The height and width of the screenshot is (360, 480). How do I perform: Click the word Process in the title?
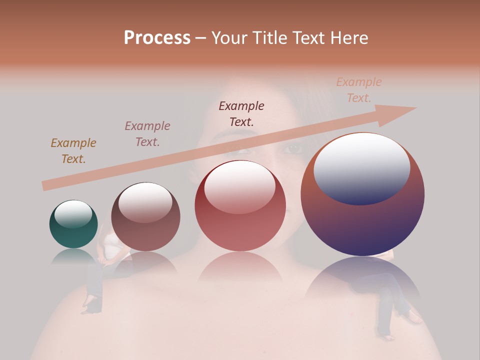[x=157, y=37]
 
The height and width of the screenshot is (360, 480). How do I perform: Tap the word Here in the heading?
[x=348, y=37]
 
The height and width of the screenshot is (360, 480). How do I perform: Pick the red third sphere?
[x=240, y=206]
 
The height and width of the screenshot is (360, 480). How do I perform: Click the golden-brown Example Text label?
[x=73, y=150]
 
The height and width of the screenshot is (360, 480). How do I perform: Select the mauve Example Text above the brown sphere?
[x=147, y=134]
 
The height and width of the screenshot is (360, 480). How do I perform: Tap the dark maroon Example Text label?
[x=241, y=113]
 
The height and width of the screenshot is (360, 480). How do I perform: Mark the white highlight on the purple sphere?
[x=362, y=167]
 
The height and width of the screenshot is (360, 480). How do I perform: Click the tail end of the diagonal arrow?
[x=46, y=185]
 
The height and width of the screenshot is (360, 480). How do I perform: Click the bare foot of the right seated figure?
[x=414, y=318]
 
